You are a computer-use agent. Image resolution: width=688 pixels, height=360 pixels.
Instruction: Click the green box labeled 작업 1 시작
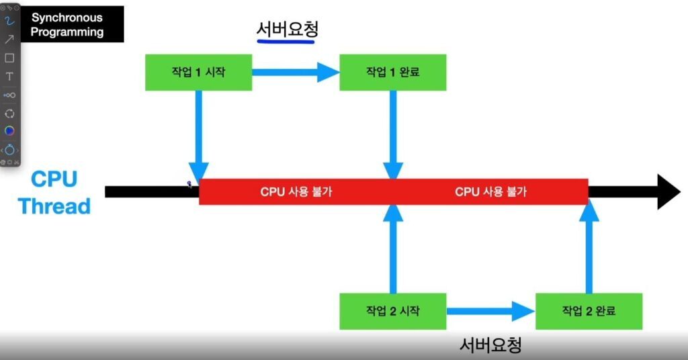[198, 72]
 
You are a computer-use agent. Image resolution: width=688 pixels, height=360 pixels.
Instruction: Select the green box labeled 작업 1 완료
[392, 72]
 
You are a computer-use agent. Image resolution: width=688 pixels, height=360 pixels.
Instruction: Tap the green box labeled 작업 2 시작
[392, 311]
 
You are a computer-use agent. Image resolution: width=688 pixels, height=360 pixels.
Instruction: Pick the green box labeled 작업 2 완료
[589, 311]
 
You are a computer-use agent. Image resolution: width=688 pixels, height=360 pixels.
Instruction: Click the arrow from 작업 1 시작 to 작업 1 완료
[296, 71]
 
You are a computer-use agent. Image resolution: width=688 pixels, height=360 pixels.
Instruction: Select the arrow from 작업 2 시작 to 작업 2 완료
[490, 311]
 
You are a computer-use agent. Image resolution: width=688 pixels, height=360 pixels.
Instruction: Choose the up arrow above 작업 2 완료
[589, 249]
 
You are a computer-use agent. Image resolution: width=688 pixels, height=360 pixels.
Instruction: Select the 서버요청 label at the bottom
[490, 345]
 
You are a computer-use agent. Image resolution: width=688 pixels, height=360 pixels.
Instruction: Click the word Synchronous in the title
[67, 17]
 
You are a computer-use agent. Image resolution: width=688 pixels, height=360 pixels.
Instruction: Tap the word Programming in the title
[67, 32]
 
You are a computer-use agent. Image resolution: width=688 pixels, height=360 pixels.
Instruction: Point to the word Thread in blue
[54, 206]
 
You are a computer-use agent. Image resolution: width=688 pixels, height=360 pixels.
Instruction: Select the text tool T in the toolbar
[9, 77]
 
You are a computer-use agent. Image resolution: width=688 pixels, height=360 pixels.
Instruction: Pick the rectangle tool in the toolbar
[9, 58]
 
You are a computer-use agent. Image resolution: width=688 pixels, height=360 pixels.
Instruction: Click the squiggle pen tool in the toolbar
[9, 21]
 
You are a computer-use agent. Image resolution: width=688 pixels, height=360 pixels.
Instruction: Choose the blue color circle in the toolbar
[9, 130]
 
